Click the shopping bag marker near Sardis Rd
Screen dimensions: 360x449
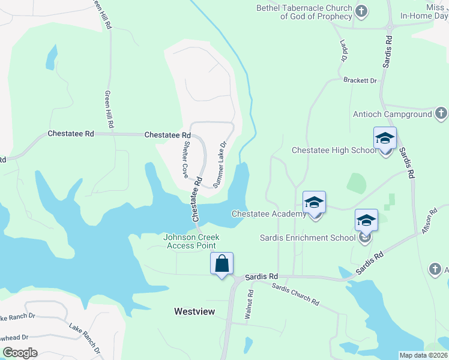tap(221, 263)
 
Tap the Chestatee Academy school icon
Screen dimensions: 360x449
tap(314, 203)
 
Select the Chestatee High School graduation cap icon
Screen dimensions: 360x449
tap(385, 139)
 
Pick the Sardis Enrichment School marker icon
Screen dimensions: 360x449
tap(366, 221)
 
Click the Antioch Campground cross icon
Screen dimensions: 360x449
tap(441, 113)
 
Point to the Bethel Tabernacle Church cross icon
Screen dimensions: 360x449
tap(362, 11)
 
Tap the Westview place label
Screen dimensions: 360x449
tap(193, 311)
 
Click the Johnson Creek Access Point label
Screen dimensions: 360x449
tap(191, 241)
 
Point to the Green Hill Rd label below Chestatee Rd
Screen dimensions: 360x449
tap(109, 110)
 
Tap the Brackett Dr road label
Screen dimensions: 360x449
tap(360, 80)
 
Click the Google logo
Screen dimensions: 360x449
tap(20, 353)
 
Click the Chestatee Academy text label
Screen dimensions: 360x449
tap(269, 214)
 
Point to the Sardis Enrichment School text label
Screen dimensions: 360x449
tap(307, 238)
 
